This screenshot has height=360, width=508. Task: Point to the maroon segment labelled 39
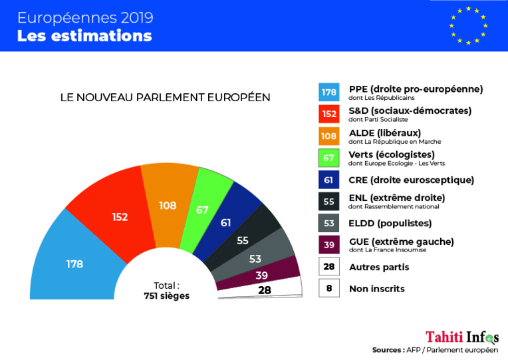click(x=263, y=273)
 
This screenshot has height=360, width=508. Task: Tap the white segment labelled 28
click(x=265, y=289)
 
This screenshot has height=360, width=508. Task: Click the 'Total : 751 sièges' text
click(x=166, y=291)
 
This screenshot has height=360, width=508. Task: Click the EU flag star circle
click(x=469, y=26)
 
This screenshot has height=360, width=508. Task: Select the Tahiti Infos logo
click(x=462, y=337)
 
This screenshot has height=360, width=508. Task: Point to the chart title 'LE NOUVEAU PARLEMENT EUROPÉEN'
click(x=165, y=97)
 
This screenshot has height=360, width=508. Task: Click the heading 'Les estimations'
click(x=84, y=35)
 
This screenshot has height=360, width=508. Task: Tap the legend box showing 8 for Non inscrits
click(x=329, y=288)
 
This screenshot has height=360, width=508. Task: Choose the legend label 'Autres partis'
click(x=379, y=267)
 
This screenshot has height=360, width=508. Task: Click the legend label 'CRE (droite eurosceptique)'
click(x=412, y=180)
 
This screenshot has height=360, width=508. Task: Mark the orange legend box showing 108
click(x=329, y=136)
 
